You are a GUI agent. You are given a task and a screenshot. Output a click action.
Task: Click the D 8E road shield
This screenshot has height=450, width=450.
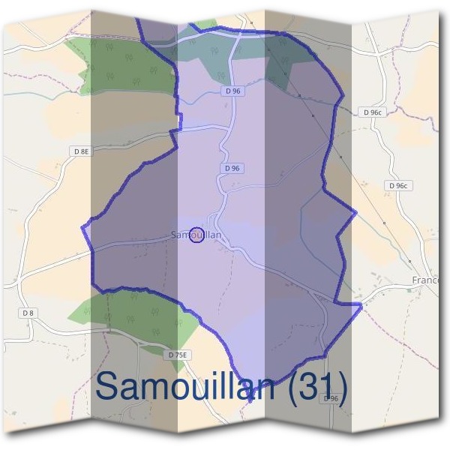pos(81,151)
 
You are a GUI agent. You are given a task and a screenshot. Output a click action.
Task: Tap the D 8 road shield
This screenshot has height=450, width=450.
pos(28,312)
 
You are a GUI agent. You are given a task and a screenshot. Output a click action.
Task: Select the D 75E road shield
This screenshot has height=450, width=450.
pos(178,354)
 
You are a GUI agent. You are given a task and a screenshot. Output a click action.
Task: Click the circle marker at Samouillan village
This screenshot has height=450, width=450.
pos(196,235)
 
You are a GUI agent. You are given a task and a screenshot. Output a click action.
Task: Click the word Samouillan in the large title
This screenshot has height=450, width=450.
pos(187,386)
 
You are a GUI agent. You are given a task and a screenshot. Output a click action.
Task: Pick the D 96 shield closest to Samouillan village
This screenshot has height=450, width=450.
pos(232,169)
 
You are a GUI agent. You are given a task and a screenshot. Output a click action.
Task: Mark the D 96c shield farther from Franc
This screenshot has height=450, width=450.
pos(371,112)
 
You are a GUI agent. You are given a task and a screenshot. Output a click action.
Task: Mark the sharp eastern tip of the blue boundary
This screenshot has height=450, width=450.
pos(361,304)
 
